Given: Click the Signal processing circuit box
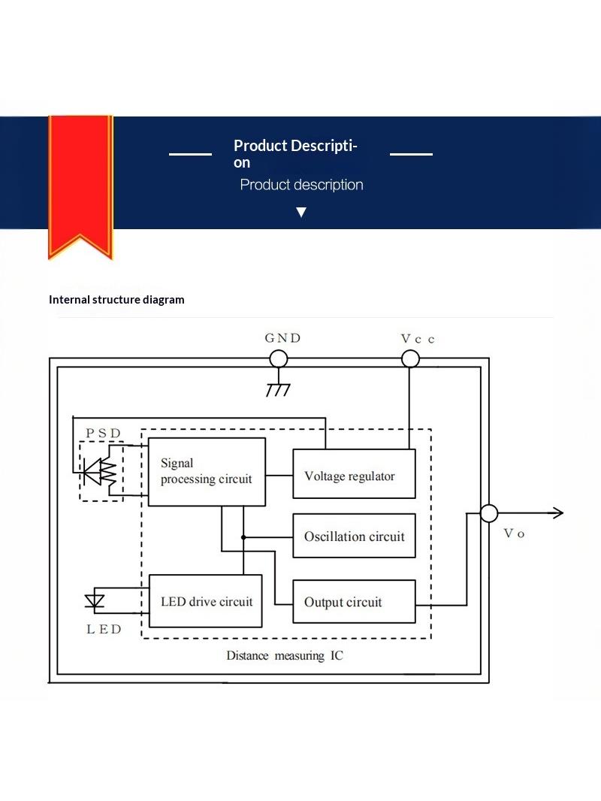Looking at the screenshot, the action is [207, 471].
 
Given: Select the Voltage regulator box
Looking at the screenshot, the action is [354, 473].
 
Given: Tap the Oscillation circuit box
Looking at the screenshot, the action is [354, 535].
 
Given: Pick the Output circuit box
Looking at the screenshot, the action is [354, 601].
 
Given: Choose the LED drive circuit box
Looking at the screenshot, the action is [205, 601].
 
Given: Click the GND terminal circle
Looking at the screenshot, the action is [278, 358].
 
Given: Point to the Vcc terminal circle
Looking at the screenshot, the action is [410, 358].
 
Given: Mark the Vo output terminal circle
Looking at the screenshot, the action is [488, 513].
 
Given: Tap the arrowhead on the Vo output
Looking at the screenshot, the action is [559, 513].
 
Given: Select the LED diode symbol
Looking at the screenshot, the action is [95, 601].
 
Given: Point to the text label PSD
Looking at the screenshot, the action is [103, 434].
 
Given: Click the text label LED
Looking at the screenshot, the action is [104, 629].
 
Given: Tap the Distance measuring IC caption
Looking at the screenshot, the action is [285, 655].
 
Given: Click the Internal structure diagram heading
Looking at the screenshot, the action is [116, 300].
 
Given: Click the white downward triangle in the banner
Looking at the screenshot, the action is [301, 212].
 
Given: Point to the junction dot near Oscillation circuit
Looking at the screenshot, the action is [243, 537].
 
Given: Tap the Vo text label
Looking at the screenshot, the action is [514, 533].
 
